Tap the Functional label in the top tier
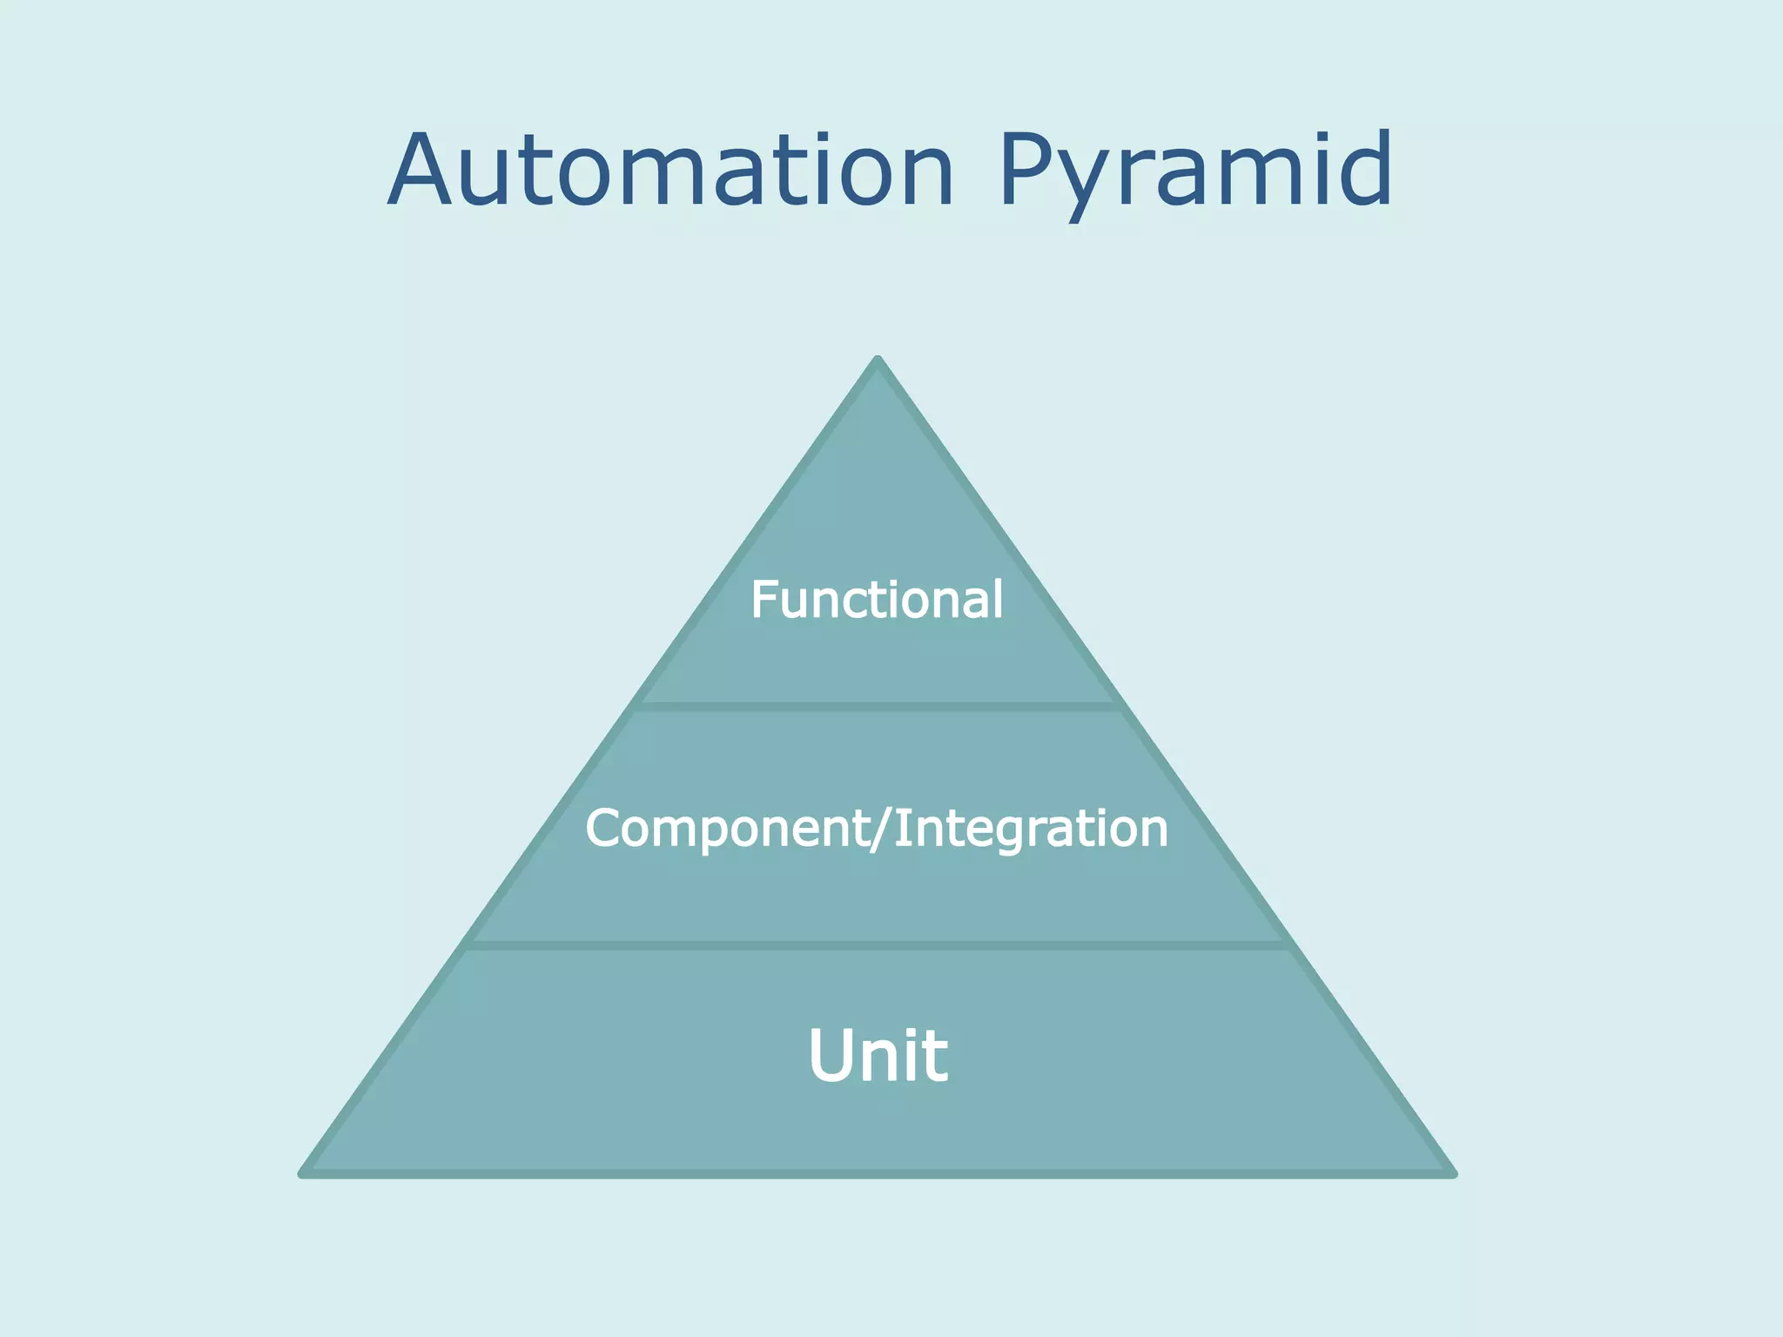click(x=877, y=600)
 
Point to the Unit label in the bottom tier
click(x=878, y=1055)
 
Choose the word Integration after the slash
click(x=1031, y=828)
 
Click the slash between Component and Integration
click(x=881, y=828)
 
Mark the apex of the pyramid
click(x=878, y=360)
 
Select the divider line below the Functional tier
click(x=878, y=706)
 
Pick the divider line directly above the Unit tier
click(x=878, y=944)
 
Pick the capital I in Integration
click(x=900, y=828)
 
